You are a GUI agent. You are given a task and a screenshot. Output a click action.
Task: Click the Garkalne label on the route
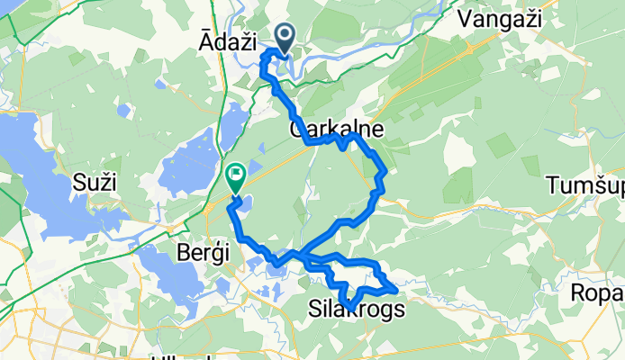pos(337,130)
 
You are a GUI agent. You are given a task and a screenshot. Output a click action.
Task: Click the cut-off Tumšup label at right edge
pos(585,186)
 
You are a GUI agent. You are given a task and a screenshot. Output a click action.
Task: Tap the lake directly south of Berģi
pos(171,274)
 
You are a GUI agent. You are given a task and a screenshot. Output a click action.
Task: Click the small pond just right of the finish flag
pos(246,206)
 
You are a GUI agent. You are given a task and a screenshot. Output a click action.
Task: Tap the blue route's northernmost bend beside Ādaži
pos(267,55)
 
